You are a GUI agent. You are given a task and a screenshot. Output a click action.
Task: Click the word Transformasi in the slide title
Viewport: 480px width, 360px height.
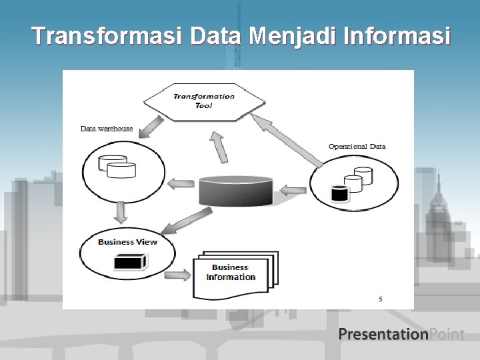[106, 36]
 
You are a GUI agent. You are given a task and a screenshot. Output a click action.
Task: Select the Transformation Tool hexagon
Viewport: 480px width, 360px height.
[204, 101]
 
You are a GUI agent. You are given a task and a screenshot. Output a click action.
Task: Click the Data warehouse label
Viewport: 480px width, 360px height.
[107, 129]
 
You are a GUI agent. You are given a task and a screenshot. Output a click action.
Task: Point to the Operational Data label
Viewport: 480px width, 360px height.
[357, 146]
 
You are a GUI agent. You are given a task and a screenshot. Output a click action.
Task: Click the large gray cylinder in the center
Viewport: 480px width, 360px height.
[236, 191]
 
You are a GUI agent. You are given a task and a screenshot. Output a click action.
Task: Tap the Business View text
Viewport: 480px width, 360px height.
[127, 241]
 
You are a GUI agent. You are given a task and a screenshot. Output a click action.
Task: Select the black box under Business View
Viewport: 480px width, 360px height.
[129, 263]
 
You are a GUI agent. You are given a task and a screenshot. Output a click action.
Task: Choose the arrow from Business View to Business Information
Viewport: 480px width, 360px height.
[177, 274]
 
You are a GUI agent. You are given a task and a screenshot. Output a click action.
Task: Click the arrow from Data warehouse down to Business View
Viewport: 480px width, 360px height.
[121, 213]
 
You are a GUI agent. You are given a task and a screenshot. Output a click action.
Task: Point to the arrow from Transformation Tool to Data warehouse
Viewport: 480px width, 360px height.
[151, 127]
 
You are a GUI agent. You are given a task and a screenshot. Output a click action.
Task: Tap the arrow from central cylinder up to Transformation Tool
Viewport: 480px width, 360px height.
[219, 147]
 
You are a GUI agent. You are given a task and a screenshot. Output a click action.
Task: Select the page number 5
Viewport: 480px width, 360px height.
[381, 299]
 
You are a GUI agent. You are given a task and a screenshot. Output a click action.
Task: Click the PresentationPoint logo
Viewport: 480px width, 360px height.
[401, 334]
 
